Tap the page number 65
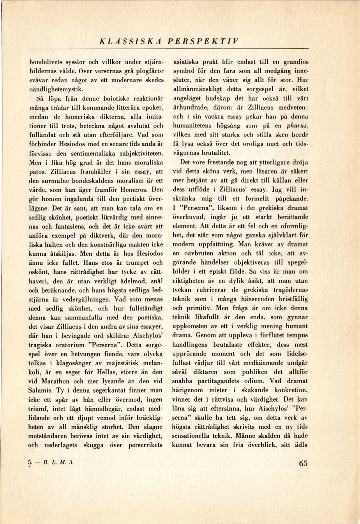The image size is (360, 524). [303, 463]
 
